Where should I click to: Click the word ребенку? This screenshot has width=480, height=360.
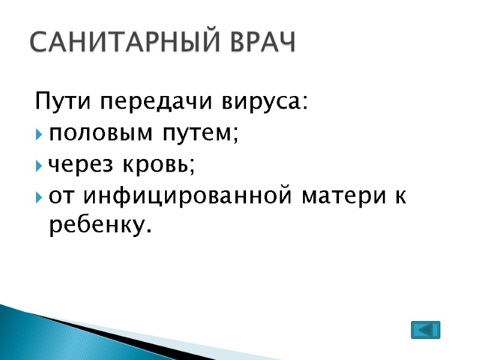click(95, 226)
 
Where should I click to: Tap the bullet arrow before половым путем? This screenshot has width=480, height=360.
click(39, 134)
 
